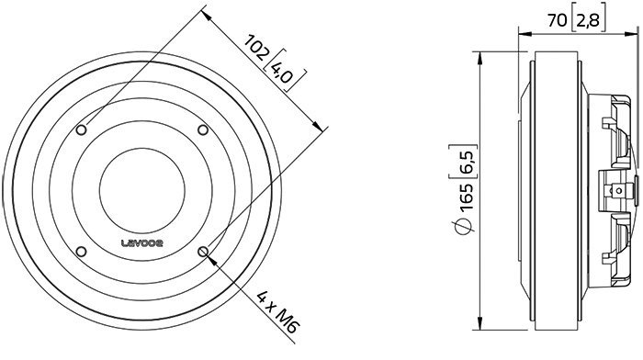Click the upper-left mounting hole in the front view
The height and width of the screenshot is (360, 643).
click(82, 130)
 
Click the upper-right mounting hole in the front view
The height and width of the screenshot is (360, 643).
click(203, 130)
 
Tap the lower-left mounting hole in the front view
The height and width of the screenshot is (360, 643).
click(82, 251)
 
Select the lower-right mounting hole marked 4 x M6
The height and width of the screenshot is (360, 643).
click(203, 251)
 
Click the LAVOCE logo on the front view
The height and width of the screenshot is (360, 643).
click(142, 243)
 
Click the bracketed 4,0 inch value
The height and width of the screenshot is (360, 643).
click(283, 72)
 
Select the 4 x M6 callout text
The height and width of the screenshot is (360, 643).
click(277, 312)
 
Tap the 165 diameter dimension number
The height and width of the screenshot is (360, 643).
click(467, 197)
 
